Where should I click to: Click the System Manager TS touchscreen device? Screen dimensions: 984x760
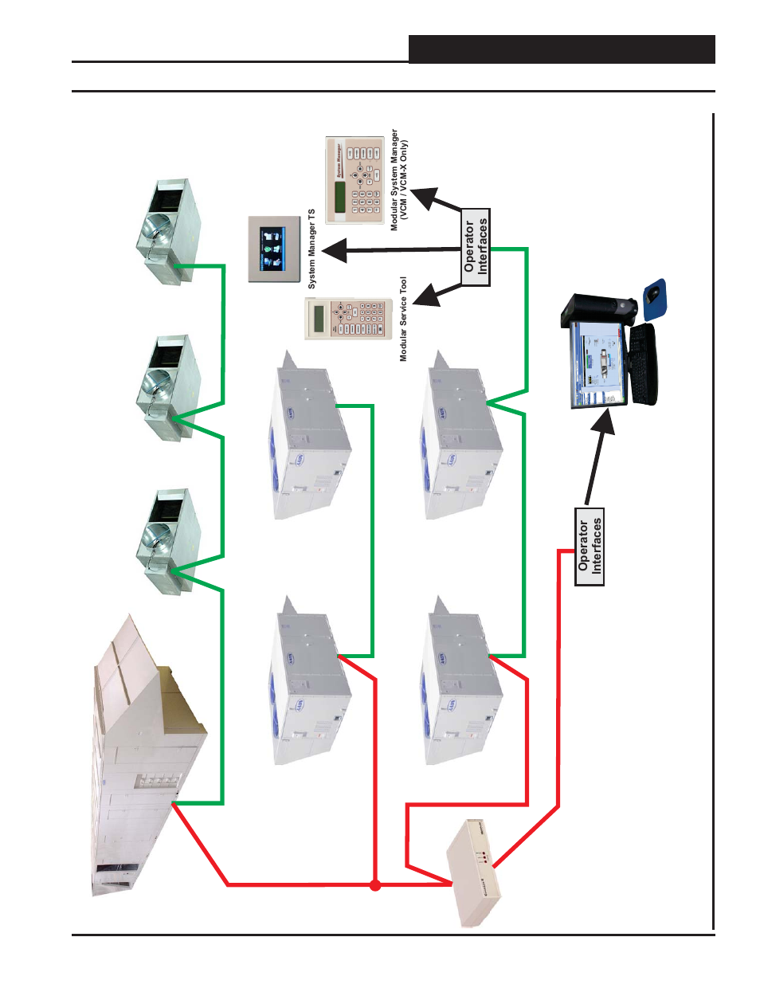point(273,249)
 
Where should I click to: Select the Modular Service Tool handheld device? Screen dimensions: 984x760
point(349,318)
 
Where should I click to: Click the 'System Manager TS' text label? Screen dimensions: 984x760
point(312,249)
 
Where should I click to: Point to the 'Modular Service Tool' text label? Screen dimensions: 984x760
point(403,319)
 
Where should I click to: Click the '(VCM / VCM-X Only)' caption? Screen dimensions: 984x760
point(405,180)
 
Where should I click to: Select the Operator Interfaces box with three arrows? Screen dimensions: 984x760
point(476,247)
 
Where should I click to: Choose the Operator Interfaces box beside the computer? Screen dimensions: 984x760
point(590,547)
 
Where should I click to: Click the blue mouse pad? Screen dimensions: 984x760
point(655,299)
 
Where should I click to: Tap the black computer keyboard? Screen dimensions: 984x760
point(643,363)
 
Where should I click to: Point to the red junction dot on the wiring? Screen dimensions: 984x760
point(375,884)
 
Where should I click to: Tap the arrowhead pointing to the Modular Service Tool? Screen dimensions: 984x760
point(427,296)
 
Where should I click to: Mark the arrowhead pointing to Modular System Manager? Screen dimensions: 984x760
point(423,196)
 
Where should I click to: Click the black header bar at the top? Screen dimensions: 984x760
point(562,49)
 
